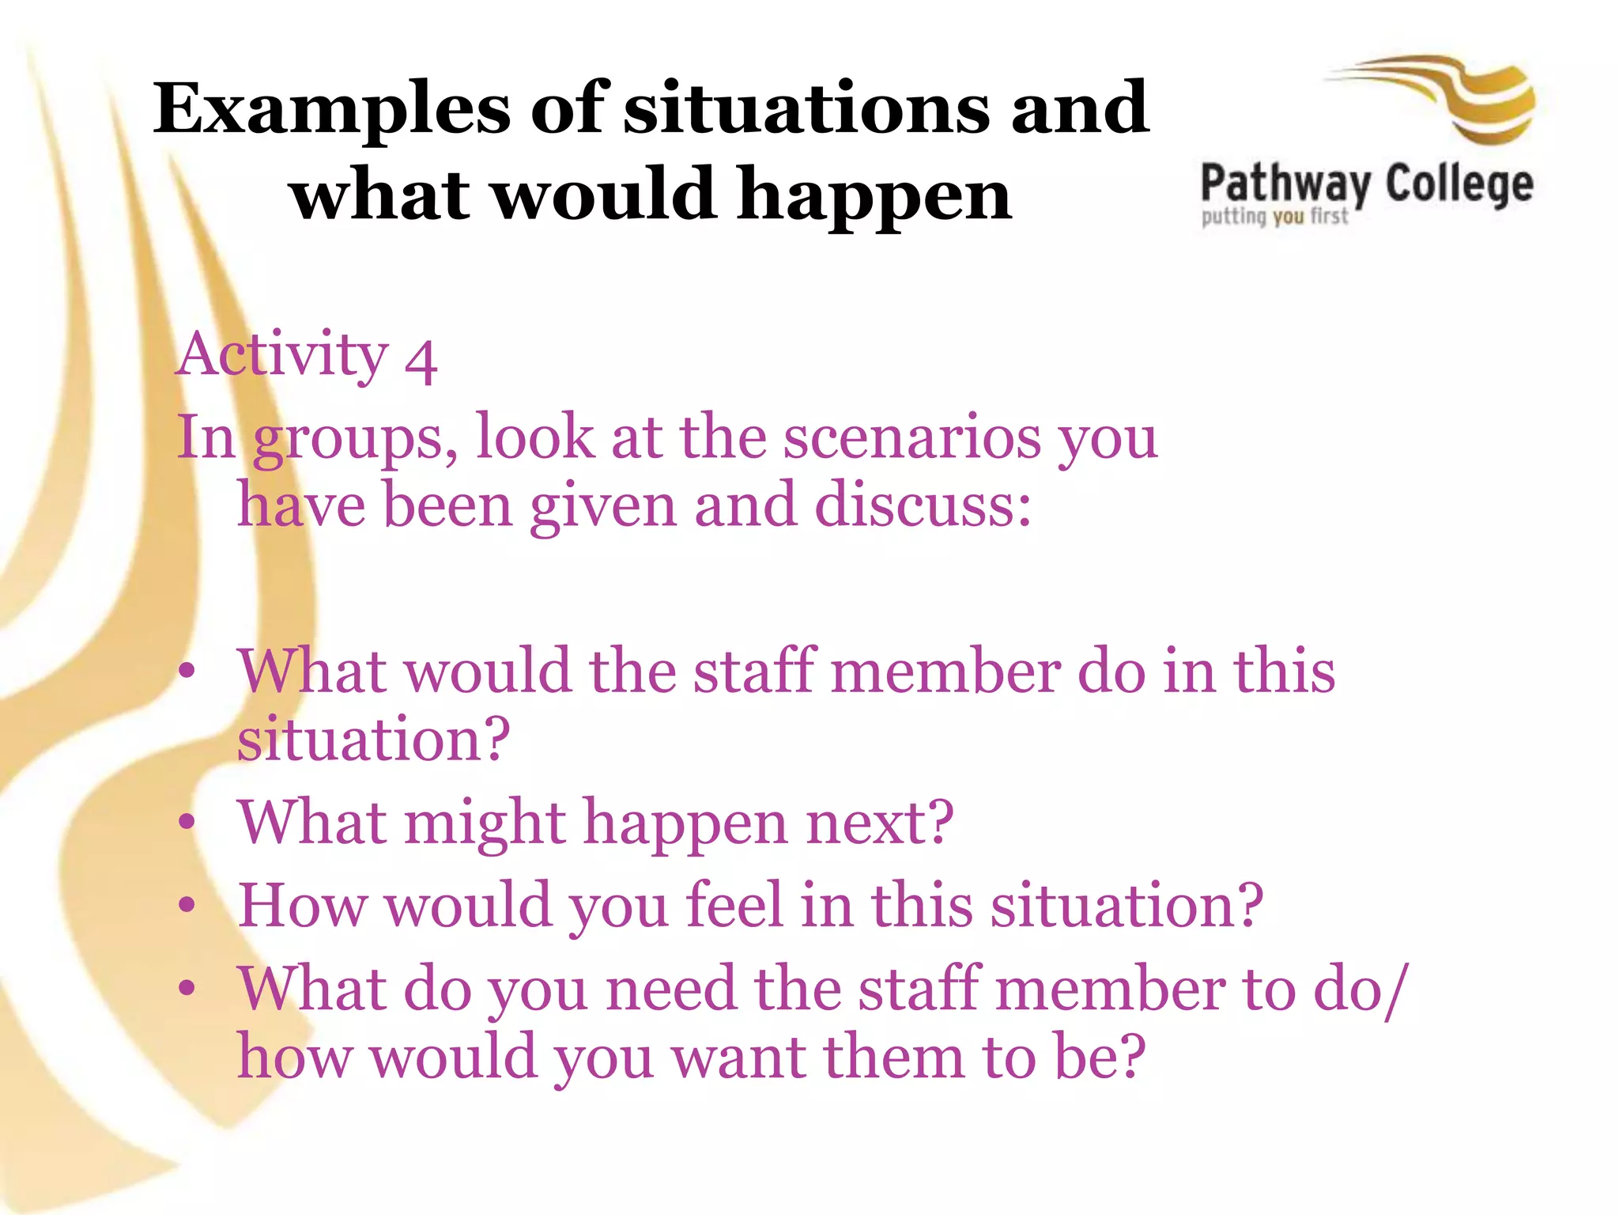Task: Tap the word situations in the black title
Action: (x=806, y=108)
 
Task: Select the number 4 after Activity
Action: (x=421, y=361)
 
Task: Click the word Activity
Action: (x=282, y=355)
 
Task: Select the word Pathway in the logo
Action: (x=1285, y=186)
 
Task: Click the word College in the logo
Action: (x=1459, y=186)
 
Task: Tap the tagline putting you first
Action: (x=1274, y=216)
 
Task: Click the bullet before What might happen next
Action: (x=187, y=822)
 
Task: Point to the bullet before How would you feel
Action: (x=187, y=905)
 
